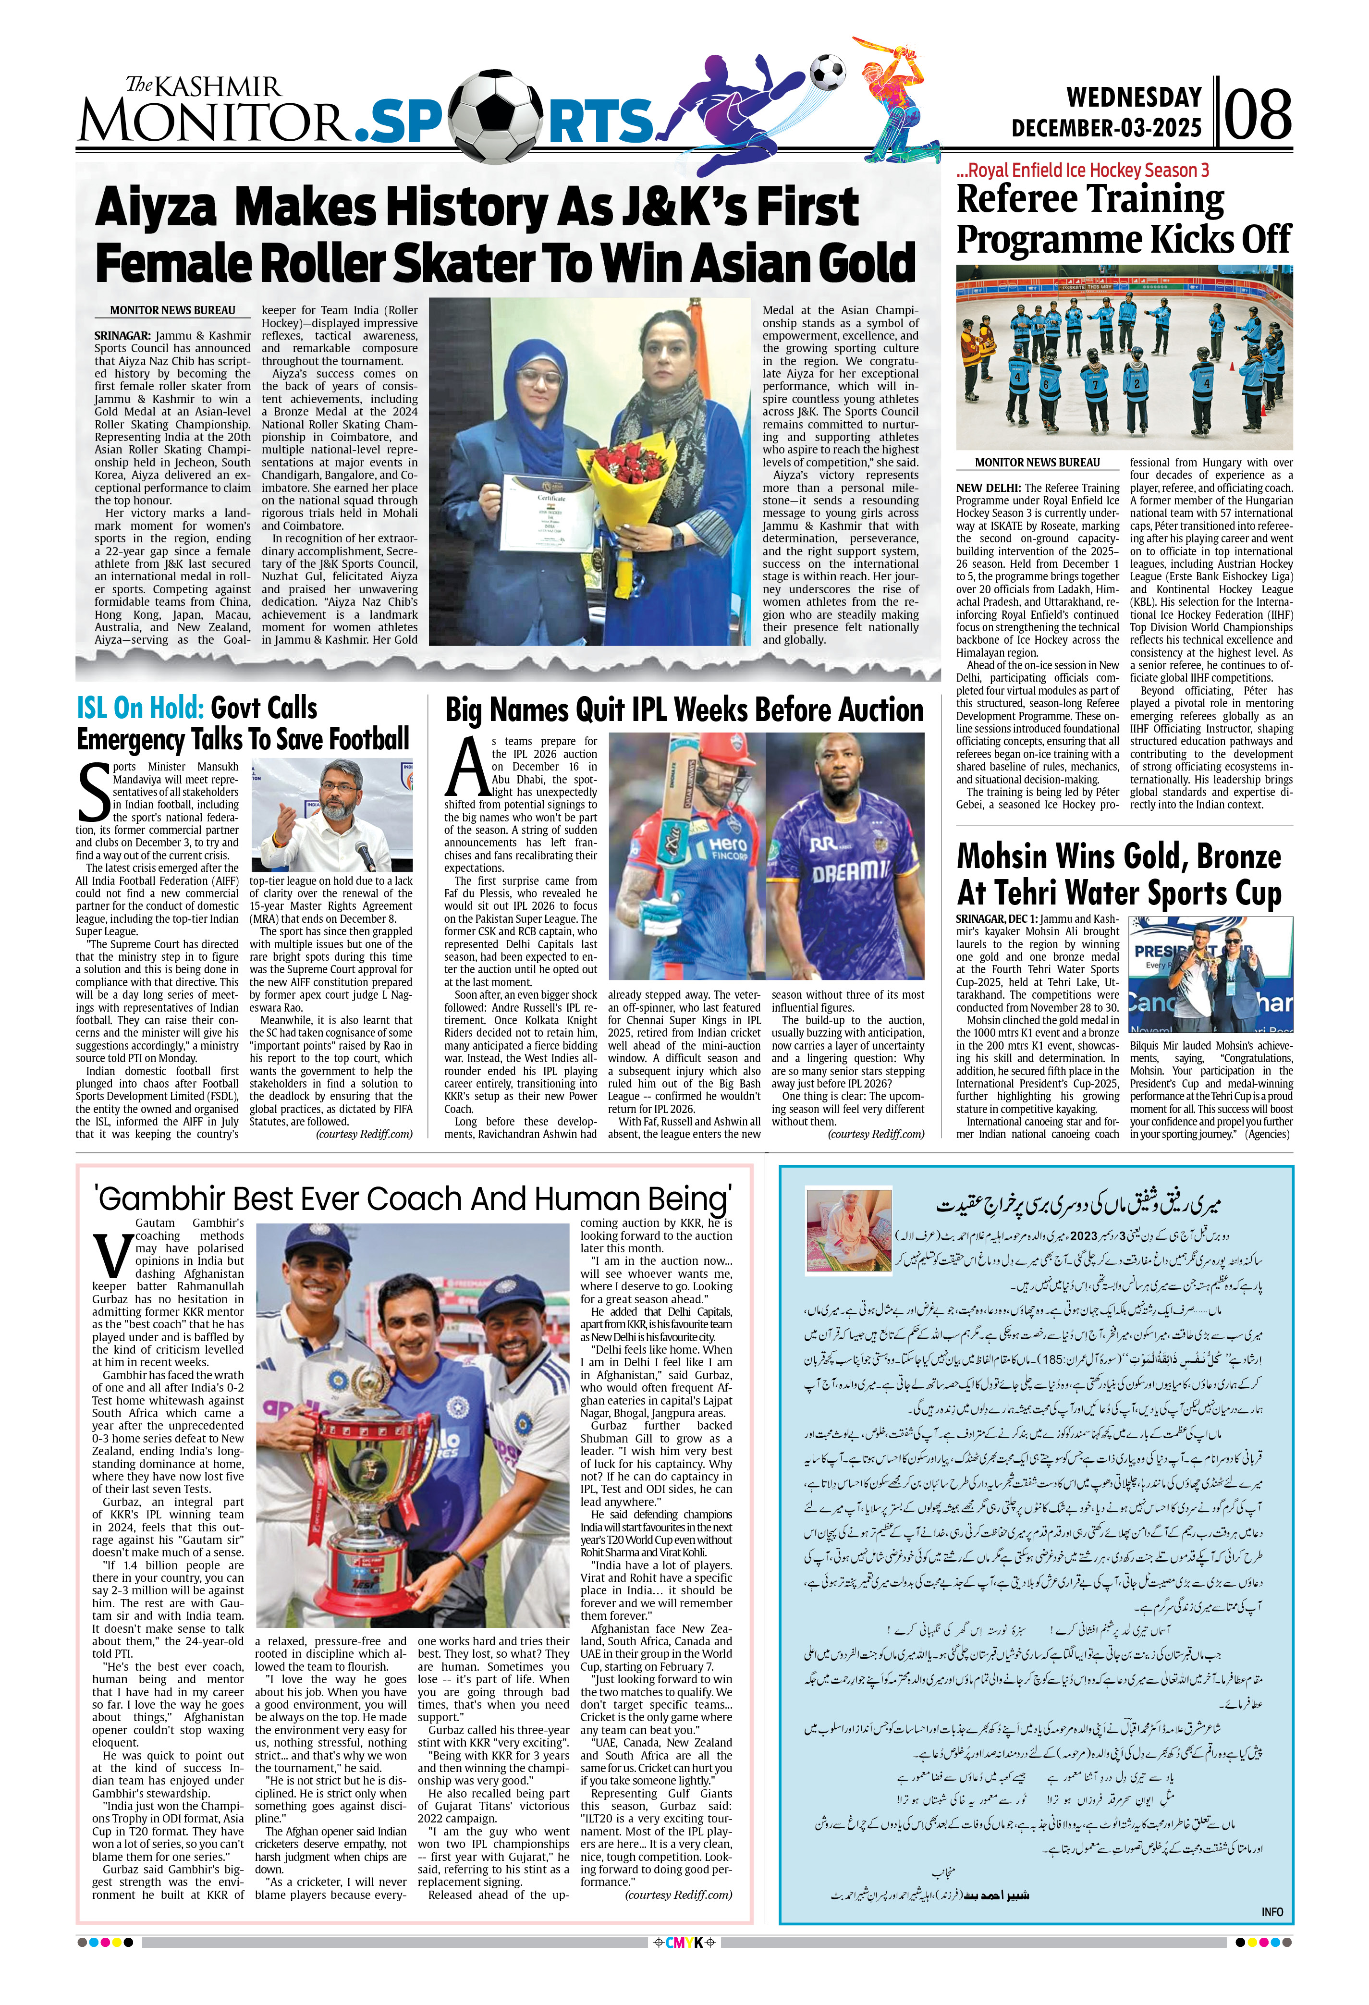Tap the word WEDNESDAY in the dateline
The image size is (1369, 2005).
tap(1134, 97)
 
